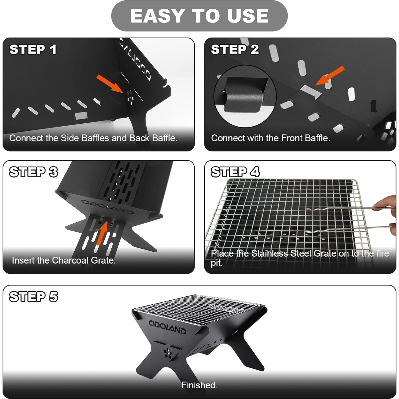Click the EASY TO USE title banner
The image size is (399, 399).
(x=199, y=16)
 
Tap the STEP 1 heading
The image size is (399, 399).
(x=33, y=49)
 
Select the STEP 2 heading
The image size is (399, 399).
(x=235, y=49)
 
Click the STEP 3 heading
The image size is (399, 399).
(x=34, y=172)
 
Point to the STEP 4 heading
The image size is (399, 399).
(x=235, y=172)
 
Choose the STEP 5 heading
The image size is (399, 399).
(x=34, y=297)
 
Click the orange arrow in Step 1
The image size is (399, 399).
(x=110, y=84)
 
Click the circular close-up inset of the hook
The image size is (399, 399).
(x=245, y=96)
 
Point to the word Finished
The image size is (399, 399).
(x=199, y=385)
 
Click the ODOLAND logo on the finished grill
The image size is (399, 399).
(x=167, y=327)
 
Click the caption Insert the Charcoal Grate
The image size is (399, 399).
(x=64, y=260)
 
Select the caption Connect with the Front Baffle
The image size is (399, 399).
(x=271, y=138)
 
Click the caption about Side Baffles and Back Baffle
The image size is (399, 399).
(x=93, y=138)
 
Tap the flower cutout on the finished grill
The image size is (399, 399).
(x=168, y=353)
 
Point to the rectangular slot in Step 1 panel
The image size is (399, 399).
(x=81, y=115)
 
